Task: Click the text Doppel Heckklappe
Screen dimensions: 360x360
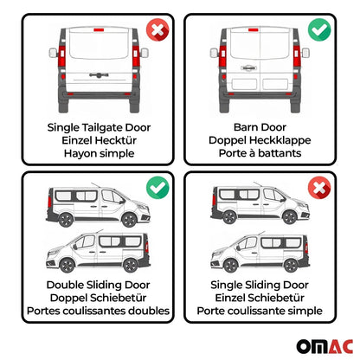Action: [266, 142]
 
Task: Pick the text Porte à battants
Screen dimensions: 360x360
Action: [266, 156]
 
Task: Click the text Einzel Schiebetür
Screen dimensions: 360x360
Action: [266, 297]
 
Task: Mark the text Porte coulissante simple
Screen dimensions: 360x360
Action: [266, 311]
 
